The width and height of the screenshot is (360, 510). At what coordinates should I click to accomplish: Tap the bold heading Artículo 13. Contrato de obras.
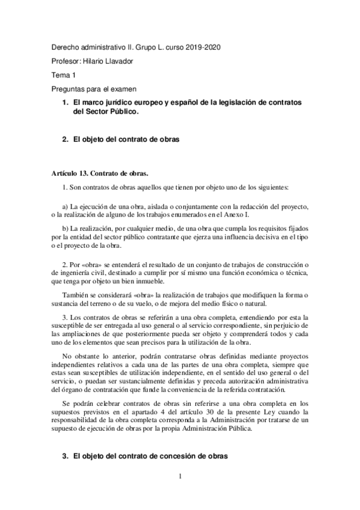coord(99,174)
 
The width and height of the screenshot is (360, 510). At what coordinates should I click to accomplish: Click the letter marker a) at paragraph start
coord(66,207)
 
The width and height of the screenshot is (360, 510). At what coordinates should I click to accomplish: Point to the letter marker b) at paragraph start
coord(66,229)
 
